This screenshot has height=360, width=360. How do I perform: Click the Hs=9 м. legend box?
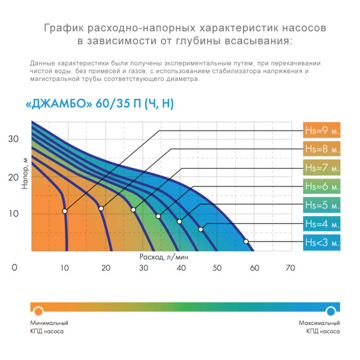[x=322, y=130]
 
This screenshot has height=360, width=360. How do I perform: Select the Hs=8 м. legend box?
[x=322, y=149]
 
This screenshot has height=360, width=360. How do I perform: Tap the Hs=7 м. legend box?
[x=322, y=167]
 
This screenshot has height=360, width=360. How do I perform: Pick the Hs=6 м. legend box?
[x=322, y=186]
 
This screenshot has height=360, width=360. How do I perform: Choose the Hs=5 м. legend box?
[x=322, y=205]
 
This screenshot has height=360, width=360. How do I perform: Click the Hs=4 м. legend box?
[x=322, y=224]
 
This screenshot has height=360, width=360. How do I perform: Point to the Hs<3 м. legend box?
[x=322, y=242]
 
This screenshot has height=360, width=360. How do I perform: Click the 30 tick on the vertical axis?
[x=14, y=139]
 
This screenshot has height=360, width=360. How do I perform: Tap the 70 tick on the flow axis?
[x=290, y=268]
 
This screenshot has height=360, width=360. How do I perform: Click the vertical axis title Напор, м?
[x=25, y=175]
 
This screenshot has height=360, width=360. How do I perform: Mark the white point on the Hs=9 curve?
[x=65, y=211]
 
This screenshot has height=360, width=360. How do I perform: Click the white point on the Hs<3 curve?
[x=246, y=241]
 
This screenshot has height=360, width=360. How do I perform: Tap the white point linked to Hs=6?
[x=158, y=216]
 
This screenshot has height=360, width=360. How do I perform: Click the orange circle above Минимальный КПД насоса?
[x=38, y=310]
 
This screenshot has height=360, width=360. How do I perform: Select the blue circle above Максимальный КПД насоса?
[x=331, y=310]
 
